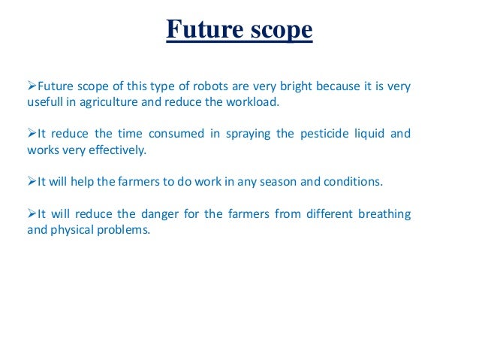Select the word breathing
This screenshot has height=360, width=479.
(x=384, y=215)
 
